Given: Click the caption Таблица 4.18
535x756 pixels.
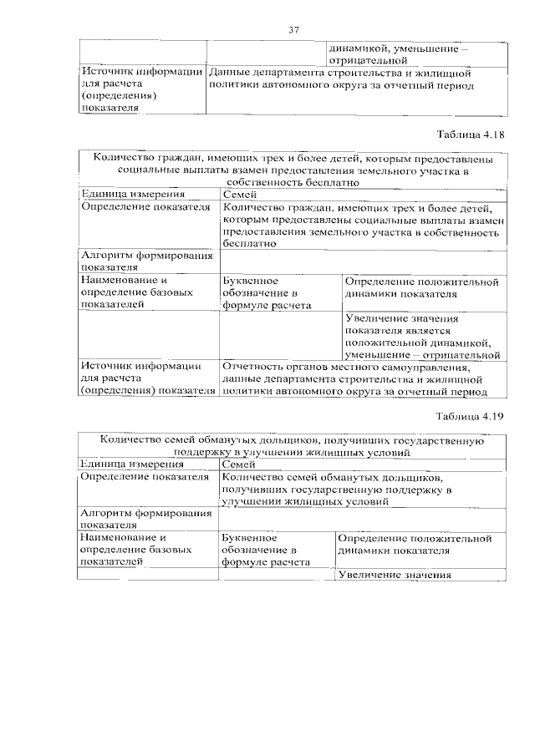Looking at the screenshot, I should [x=471, y=133].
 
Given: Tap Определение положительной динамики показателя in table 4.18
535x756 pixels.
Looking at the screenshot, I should [x=423, y=288].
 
